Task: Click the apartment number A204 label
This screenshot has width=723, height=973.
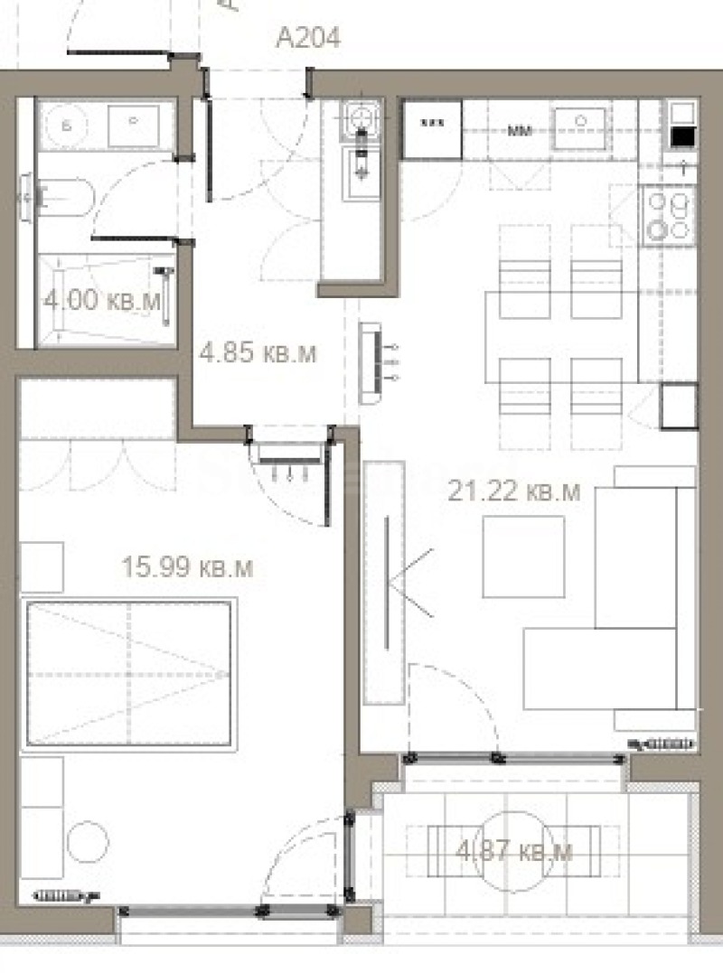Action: (x=308, y=38)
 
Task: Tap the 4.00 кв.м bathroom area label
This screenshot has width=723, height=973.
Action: (x=101, y=301)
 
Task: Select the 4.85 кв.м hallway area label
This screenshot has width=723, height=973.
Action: (x=258, y=352)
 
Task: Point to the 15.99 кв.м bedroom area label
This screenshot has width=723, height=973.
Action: (x=187, y=567)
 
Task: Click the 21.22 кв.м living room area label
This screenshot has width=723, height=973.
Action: (x=514, y=492)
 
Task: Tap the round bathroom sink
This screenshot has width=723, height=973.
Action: (x=64, y=126)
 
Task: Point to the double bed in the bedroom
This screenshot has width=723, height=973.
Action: (x=128, y=672)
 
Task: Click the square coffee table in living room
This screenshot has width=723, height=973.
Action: (x=523, y=557)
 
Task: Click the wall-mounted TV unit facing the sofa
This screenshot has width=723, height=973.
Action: (x=385, y=583)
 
